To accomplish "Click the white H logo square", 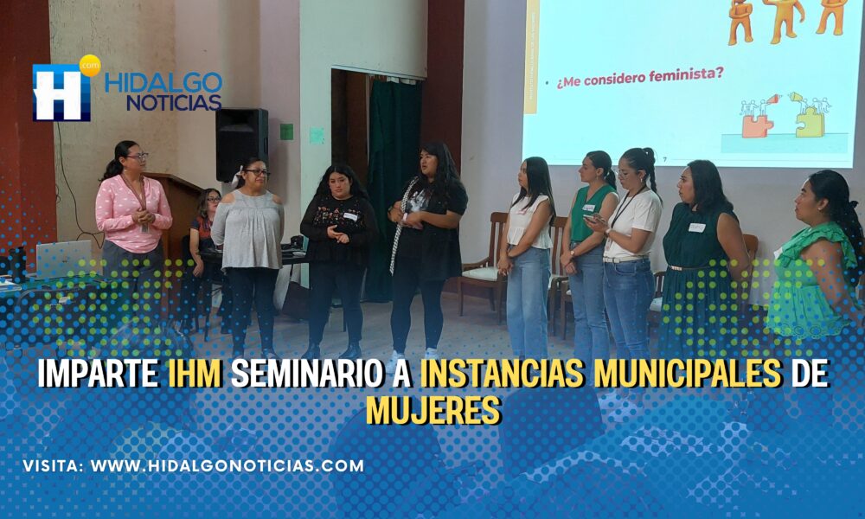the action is [61, 93].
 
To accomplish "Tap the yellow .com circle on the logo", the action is [90, 65].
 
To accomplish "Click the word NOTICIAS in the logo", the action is [174, 103].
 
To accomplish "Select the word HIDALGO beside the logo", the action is [163, 82].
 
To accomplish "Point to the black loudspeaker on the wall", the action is [241, 144].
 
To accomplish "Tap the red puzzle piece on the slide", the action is [758, 125].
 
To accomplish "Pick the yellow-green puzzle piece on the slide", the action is [810, 123].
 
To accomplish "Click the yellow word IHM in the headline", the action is [195, 374].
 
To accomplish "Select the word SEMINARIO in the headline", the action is [306, 374].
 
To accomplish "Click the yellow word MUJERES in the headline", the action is [433, 410].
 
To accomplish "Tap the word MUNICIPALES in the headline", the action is [688, 374].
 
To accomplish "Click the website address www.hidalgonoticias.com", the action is [227, 465].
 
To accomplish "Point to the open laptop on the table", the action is [63, 259].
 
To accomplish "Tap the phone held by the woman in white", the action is [591, 218].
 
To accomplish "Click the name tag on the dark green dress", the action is [696, 227].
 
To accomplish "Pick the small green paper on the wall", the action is [286, 131].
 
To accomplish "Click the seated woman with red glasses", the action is [204, 237].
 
